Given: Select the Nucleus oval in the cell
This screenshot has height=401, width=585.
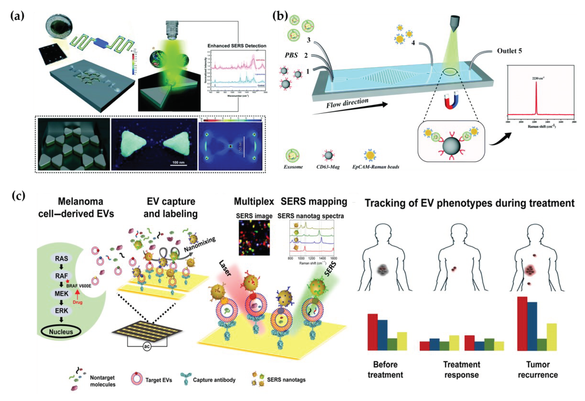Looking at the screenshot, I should (61, 332).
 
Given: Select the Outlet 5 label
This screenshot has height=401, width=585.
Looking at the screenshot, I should (509, 51).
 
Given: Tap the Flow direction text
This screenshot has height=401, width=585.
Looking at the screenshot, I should (347, 103).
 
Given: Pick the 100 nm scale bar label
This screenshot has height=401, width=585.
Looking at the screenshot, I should (178, 162).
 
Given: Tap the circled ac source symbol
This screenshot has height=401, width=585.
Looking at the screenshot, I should (147, 347).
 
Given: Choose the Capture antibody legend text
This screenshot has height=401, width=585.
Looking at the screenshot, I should (214, 380).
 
